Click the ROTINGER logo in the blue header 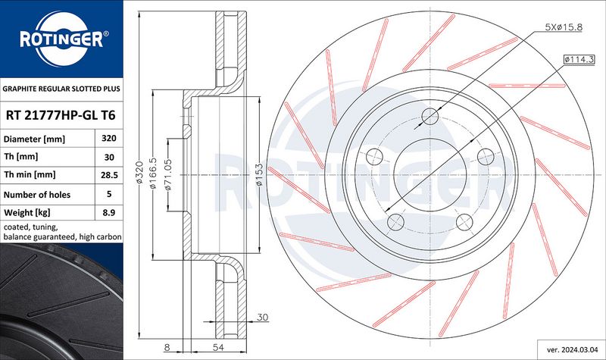coord(62,39)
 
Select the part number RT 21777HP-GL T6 coord(61,115)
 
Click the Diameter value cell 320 coord(109,138)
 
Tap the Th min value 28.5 coord(109,175)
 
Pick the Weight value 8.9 coord(109,212)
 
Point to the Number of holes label coord(37,195)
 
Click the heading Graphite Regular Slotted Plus coord(61,89)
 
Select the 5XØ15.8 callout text coord(563,27)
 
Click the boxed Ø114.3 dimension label coord(579,60)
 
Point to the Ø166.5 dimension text coord(153,173)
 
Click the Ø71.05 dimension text coord(167,174)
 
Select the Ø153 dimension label coord(259,174)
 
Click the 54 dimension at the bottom coord(218,347)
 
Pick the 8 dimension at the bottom coord(167,347)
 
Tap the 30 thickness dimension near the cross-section coord(262,317)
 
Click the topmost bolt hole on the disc coord(430,116)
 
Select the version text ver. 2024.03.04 coord(572,349)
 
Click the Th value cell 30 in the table coord(109,157)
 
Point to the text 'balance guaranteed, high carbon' coord(63,236)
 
